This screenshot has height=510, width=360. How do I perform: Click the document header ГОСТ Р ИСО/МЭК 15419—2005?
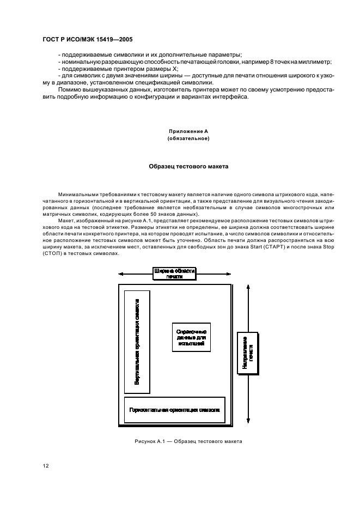[88, 40]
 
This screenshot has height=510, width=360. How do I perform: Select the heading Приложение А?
[188, 131]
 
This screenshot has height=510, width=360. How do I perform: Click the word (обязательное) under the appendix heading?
[188, 138]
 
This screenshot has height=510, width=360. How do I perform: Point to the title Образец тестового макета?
[188, 166]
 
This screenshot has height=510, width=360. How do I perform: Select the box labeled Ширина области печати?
[174, 274]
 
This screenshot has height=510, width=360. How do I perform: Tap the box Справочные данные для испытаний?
[191, 337]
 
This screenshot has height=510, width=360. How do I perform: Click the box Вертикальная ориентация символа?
[137, 341]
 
